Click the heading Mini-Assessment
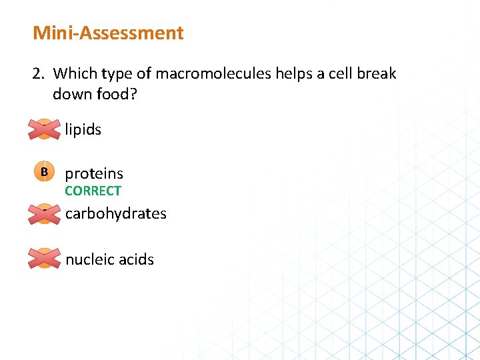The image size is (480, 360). coord(108,33)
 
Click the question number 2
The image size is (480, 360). coord(38,73)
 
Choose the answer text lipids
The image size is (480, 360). coord(83,129)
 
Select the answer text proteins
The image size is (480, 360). coord(94,173)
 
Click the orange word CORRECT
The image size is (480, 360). coord(93,191)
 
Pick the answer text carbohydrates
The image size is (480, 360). coord(116,213)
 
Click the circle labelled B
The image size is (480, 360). coord(44,172)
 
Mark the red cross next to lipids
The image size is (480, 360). coord(44,129)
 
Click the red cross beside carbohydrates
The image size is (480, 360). coord(44,213)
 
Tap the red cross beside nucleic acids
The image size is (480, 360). coord(44,259)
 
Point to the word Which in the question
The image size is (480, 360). coord(73,73)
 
